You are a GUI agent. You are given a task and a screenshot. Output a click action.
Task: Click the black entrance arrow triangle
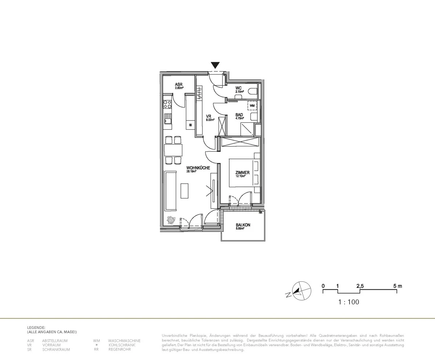(215, 65)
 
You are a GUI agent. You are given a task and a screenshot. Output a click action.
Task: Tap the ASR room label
(179, 84)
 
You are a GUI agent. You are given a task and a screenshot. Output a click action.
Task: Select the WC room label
(239, 88)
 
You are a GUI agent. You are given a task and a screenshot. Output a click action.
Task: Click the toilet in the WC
(253, 91)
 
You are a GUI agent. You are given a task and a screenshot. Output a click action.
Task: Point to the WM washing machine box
(252, 105)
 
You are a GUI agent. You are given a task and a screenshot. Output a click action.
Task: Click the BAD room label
(239, 115)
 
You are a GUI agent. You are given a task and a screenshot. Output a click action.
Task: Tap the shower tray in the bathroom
(248, 129)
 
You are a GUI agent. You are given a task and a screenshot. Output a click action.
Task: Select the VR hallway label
(209, 117)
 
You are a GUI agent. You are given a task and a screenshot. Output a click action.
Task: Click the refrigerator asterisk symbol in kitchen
(191, 125)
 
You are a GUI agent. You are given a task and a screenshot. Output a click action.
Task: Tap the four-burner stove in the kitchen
(167, 105)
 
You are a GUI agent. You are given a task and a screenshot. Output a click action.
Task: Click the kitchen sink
(167, 118)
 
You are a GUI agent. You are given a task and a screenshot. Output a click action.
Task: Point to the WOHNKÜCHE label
(198, 168)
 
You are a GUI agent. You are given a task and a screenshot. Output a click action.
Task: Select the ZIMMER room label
(242, 173)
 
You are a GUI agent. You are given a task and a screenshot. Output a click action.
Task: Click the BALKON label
(243, 225)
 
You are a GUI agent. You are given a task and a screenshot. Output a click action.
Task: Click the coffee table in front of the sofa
(185, 191)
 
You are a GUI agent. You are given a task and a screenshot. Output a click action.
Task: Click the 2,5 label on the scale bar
(360, 286)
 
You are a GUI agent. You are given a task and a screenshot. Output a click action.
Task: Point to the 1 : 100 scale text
(349, 302)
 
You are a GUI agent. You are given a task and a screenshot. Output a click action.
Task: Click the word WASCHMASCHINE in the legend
(124, 341)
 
